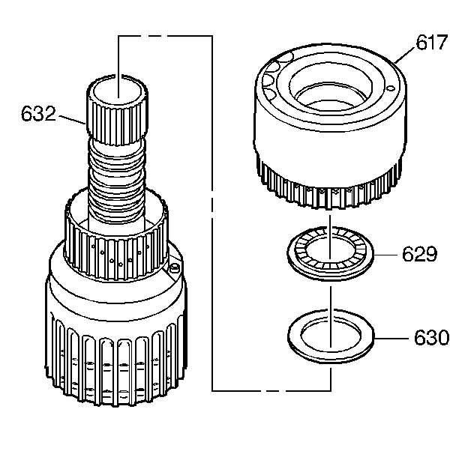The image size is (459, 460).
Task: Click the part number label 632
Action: [x=40, y=114]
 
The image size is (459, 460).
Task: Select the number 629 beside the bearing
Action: [x=417, y=255]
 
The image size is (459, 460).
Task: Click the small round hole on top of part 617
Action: [x=389, y=88]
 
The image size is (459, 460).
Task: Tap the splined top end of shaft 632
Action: [x=118, y=109]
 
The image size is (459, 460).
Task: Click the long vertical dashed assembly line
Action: [x=213, y=225]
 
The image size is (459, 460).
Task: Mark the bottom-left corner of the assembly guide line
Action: [x=213, y=390]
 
